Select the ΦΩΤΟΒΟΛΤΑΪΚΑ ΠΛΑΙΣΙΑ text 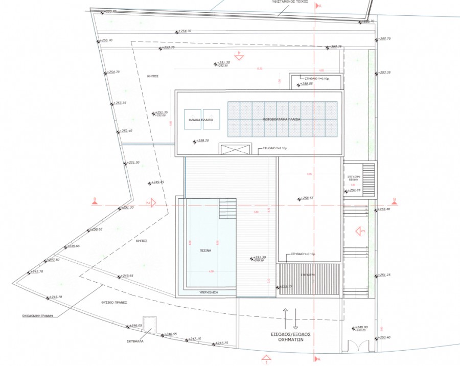pyautogui.click(x=282, y=120)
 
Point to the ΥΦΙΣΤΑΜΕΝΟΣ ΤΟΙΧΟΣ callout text pyautogui.click(x=290, y=2)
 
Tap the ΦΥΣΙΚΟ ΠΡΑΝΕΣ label pyautogui.click(x=113, y=302)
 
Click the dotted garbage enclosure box pyautogui.click(x=149, y=324)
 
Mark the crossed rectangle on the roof pyautogui.click(x=235, y=149)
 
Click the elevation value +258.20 pyautogui.click(x=202, y=140)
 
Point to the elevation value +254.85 pyautogui.click(x=354, y=190)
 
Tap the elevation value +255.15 pyautogui.click(x=286, y=286)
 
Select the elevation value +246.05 pyautogui.click(x=135, y=326)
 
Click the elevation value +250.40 pyautogui.click(x=384, y=337)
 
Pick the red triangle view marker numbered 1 pyautogui.click(x=265, y=359)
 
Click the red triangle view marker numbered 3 pyautogui.click(x=359, y=232)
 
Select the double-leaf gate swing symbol pyautogui.click(x=358, y=346)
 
